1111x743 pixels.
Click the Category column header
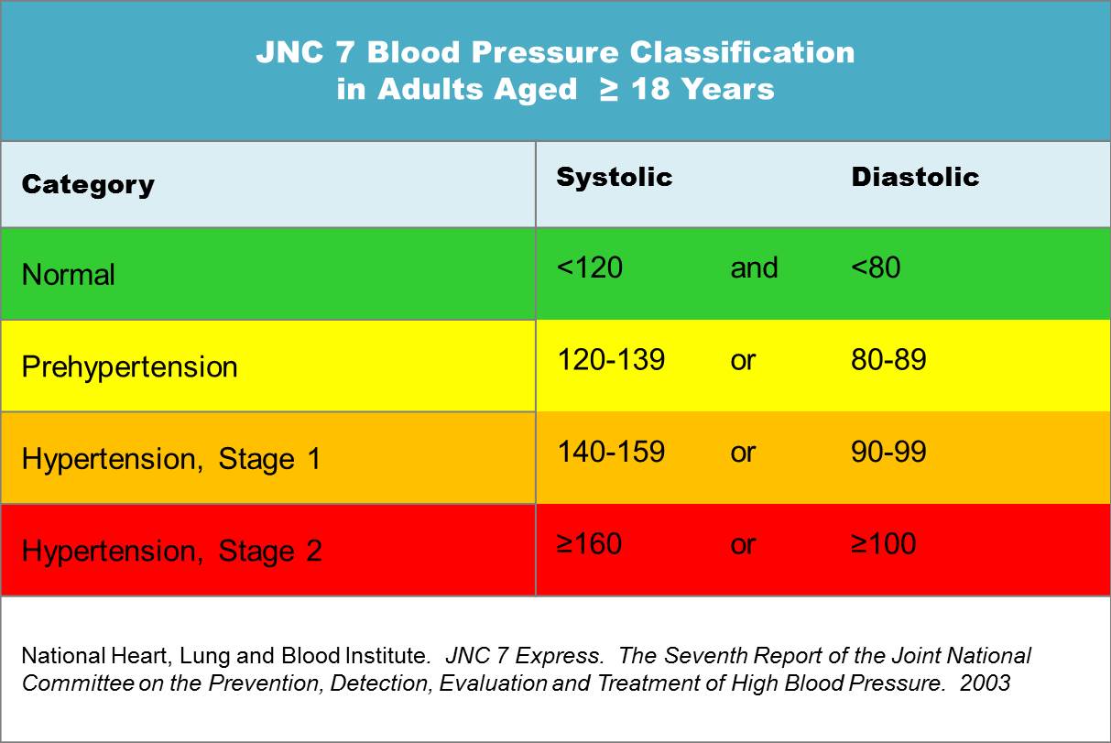pyautogui.click(x=88, y=185)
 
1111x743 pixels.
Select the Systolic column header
pyautogui.click(x=614, y=177)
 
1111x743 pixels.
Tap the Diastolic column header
pyautogui.click(x=915, y=177)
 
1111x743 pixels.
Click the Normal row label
pyautogui.click(x=68, y=274)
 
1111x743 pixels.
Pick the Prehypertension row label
pyautogui.click(x=129, y=367)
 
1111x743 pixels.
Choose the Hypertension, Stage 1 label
pyautogui.click(x=171, y=459)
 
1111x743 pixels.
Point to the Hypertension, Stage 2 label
pyautogui.click(x=171, y=551)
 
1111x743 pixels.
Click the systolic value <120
pyautogui.click(x=589, y=268)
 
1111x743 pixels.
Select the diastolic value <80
pyautogui.click(x=876, y=268)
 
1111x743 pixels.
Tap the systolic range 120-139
pyautogui.click(x=611, y=359)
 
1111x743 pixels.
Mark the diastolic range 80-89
pyautogui.click(x=888, y=359)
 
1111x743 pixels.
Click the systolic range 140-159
pyautogui.click(x=611, y=452)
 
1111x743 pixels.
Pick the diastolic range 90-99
pyautogui.click(x=888, y=452)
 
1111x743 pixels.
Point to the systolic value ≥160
pyautogui.click(x=589, y=543)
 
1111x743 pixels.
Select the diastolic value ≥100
pyautogui.click(x=883, y=543)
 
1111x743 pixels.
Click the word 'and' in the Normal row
pyautogui.click(x=754, y=268)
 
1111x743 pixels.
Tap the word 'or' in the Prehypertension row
pyautogui.click(x=743, y=361)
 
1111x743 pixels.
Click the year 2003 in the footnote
pyautogui.click(x=985, y=683)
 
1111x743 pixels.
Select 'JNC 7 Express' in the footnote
pyautogui.click(x=524, y=656)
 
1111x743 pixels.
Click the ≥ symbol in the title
pyautogui.click(x=608, y=89)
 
